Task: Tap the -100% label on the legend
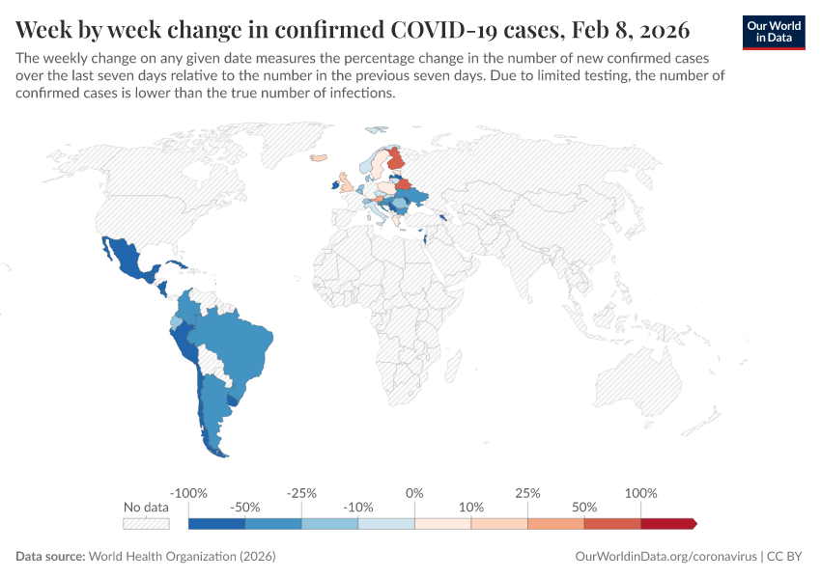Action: pos(188,493)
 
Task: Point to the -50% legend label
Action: pos(245,508)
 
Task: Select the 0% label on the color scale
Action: pos(414,493)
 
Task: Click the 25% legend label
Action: pos(527,493)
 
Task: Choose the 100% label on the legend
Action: pos(640,493)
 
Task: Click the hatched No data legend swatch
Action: pos(146,524)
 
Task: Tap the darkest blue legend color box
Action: pos(216,524)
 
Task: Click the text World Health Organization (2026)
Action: pos(182,557)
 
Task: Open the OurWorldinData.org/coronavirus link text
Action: pos(665,557)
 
